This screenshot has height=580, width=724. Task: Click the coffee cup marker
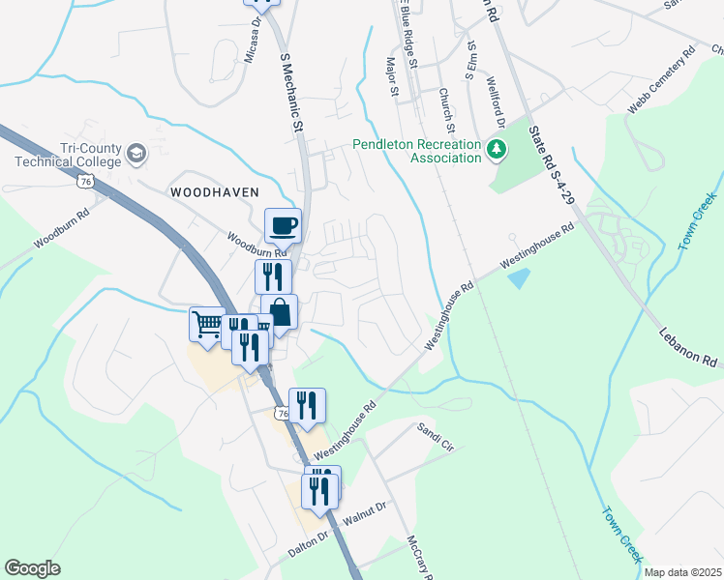click(283, 226)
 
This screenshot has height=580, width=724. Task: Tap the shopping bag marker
click(279, 313)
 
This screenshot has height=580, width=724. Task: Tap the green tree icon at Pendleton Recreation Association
click(497, 149)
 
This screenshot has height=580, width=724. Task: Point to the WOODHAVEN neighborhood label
click(215, 192)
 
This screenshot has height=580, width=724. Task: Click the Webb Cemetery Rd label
click(661, 80)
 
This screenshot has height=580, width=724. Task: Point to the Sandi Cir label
click(436, 436)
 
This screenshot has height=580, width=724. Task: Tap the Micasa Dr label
click(253, 40)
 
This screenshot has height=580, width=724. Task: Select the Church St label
click(446, 111)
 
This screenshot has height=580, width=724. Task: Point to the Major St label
click(392, 78)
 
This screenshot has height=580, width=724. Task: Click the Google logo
click(32, 568)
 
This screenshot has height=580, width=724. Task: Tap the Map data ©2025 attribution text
click(681, 572)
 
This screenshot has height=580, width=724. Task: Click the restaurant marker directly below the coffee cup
click(273, 276)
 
